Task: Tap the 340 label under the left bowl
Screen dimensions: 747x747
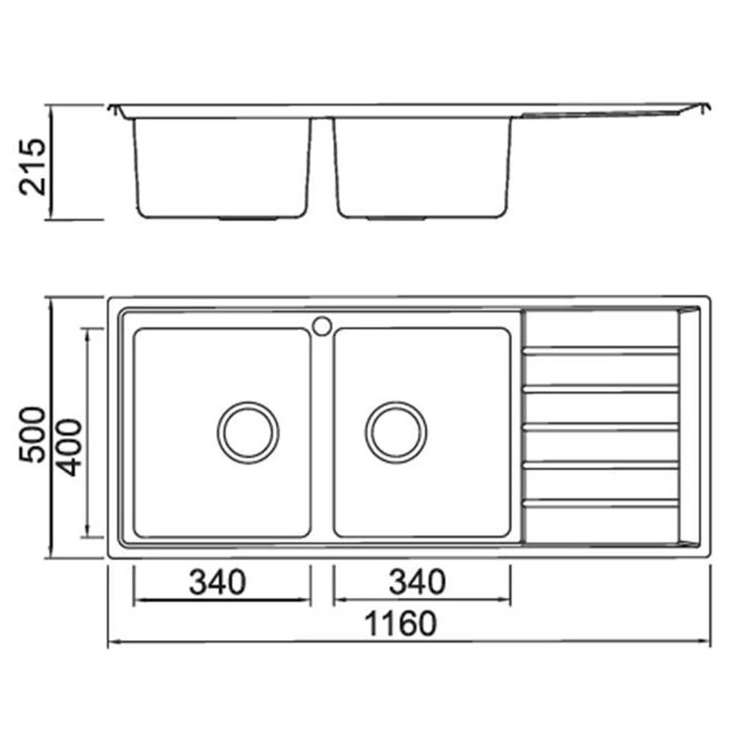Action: coord(217,582)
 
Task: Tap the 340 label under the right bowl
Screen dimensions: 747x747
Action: coord(416,582)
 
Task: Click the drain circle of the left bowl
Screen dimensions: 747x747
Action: coord(248,432)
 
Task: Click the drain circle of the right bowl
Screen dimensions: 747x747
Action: coord(396,432)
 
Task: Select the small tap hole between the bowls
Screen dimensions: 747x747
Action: coord(323,326)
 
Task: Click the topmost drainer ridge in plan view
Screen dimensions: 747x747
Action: coord(601,350)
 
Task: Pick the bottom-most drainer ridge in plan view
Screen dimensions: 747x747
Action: coord(601,503)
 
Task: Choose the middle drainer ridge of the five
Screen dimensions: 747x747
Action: coord(601,427)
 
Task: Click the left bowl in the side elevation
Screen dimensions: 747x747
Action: coord(223,168)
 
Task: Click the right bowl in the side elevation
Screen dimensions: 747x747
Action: coord(423,168)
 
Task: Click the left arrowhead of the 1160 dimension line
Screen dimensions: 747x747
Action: coord(112,642)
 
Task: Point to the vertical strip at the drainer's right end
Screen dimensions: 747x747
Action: coord(688,426)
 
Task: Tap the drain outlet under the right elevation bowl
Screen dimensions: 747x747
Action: coord(399,219)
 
